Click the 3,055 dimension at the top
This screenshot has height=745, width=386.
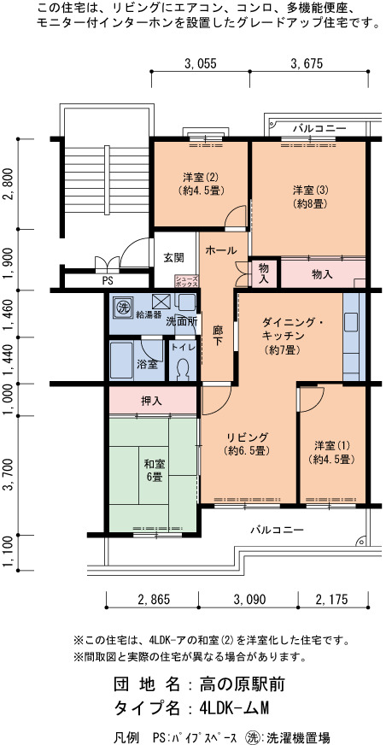click(201, 62)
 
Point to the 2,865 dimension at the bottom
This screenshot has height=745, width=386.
click(154, 600)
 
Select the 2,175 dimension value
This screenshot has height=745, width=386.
click(332, 600)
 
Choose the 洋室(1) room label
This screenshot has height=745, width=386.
click(332, 446)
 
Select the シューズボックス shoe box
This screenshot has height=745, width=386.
click(186, 281)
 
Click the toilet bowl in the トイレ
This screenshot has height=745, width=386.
click(181, 369)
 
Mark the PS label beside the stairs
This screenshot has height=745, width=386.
click(108, 281)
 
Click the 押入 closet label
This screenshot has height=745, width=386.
click(151, 401)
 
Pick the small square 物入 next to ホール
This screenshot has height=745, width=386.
click(264, 273)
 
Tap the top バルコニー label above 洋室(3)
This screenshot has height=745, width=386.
click(319, 128)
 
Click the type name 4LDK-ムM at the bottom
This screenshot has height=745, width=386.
click(235, 708)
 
